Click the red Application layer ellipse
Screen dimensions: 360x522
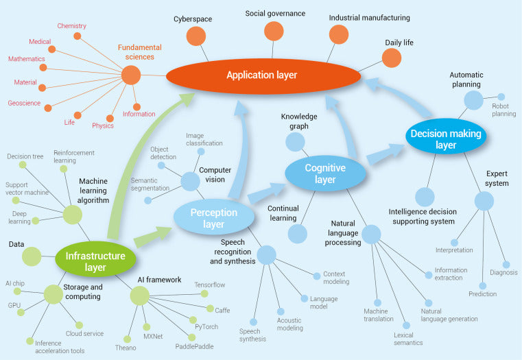coord(263,75)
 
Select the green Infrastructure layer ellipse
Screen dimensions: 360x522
coord(95,257)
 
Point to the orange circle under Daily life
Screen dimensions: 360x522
coord(391,58)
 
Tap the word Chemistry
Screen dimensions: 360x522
coord(71,26)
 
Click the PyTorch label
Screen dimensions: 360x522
coord(206,326)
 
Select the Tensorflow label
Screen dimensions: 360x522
coord(210,285)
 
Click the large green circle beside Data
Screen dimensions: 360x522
coord(32,256)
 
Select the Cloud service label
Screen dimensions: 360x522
coord(85,333)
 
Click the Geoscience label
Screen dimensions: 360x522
coord(23,104)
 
